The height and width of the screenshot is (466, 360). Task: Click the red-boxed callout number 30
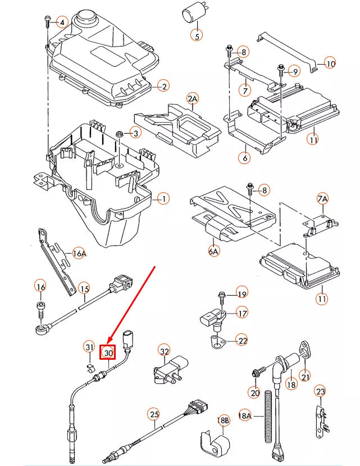(x=108, y=353)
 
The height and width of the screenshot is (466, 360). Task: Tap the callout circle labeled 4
(x=62, y=23)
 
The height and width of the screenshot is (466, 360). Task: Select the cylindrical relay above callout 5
(x=195, y=15)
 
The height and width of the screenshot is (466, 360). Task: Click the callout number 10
(x=330, y=64)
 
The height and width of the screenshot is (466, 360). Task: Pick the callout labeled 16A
(x=80, y=254)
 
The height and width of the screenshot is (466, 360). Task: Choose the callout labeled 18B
(x=223, y=420)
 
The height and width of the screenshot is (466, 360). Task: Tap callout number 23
(x=320, y=391)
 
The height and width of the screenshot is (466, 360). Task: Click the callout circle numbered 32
(x=164, y=351)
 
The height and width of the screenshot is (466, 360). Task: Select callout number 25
(x=154, y=415)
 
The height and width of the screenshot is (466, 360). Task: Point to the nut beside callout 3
(x=120, y=134)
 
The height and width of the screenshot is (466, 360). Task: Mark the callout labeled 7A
(x=322, y=199)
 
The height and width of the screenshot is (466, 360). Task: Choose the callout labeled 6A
(x=213, y=251)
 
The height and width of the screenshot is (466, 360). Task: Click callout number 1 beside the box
(x=163, y=198)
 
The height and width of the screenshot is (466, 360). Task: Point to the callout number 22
(x=242, y=341)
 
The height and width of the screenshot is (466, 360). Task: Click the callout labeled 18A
(x=245, y=415)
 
